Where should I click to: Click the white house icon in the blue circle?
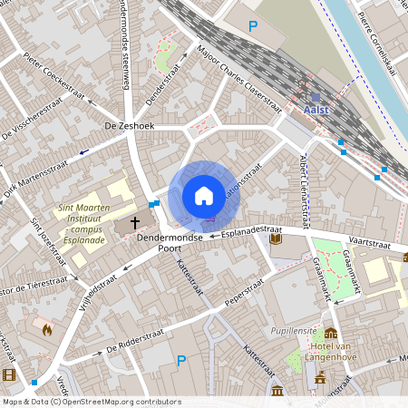click(x=204, y=195)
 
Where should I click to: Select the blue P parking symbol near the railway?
click(x=253, y=27)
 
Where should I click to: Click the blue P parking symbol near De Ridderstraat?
click(x=181, y=360)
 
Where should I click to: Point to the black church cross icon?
click(x=136, y=221)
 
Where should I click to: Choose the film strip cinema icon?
click(x=9, y=374)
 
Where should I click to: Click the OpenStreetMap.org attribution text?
click(x=118, y=402)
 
